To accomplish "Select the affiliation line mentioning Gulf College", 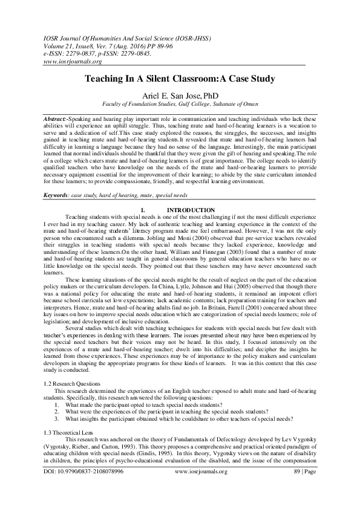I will tap(180, 104).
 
